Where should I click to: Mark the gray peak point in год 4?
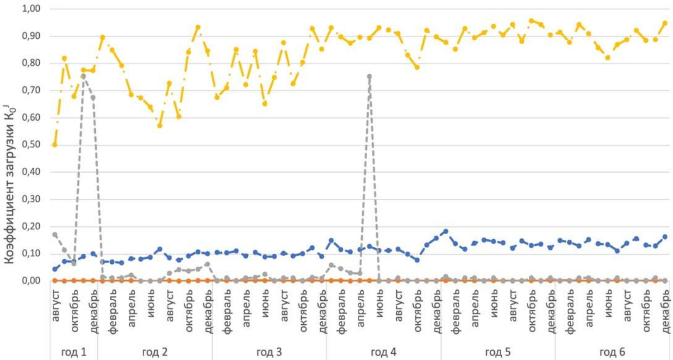point(370,76)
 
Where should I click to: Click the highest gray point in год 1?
point(84,76)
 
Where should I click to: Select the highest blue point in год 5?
point(446,231)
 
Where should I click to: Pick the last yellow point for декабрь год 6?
point(665,23)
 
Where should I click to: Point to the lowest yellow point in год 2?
point(160,125)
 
